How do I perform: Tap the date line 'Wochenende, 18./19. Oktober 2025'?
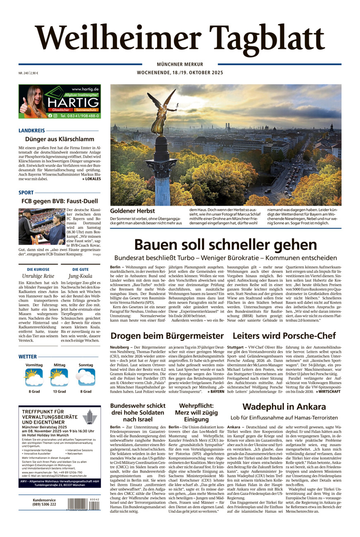point(180,73)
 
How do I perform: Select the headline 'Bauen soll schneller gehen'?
point(225,244)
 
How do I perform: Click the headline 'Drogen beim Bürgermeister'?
point(167,335)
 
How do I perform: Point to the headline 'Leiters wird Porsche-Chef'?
point(284,335)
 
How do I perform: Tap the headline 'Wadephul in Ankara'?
point(284,406)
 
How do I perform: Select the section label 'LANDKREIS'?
point(31,131)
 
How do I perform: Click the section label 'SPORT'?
point(26,192)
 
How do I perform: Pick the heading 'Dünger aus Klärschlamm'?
point(59,139)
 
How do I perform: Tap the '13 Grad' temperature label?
point(59,391)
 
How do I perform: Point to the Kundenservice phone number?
point(44,504)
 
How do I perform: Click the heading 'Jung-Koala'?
point(80,276)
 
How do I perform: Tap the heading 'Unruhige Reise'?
point(38,276)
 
